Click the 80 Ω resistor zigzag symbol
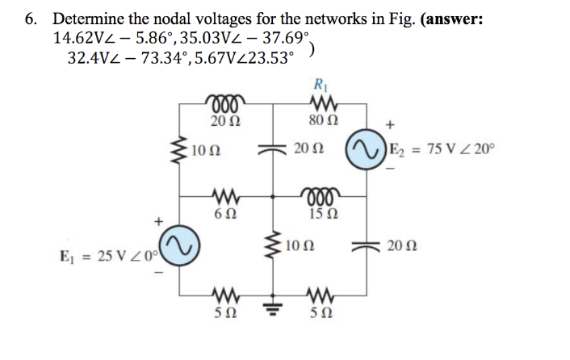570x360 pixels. tap(322, 104)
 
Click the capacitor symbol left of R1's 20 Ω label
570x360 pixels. tap(272, 149)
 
